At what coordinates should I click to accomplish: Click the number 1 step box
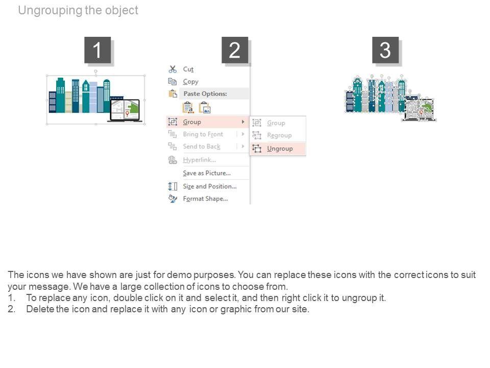click(97, 50)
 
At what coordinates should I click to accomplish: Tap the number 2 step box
click(235, 50)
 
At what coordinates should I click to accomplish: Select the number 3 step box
click(385, 50)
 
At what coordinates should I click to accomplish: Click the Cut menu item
click(188, 70)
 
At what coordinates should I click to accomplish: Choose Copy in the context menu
click(190, 82)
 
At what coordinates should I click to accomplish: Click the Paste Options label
click(205, 94)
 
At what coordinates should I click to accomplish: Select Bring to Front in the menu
click(203, 134)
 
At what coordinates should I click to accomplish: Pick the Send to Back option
click(202, 147)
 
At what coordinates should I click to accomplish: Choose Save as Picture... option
click(206, 173)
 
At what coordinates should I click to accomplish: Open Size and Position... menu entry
click(209, 187)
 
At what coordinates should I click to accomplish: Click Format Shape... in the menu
click(205, 199)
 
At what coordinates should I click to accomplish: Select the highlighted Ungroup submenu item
click(280, 149)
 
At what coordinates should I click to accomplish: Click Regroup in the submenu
click(279, 135)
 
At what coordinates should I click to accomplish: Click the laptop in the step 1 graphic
click(125, 110)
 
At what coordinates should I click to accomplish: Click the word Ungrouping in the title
click(50, 10)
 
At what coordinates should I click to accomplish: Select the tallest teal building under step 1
click(60, 95)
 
